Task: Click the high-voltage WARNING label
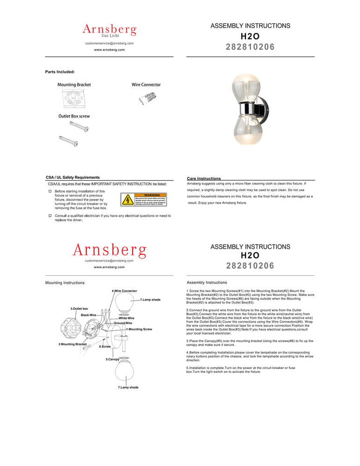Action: pos(143,199)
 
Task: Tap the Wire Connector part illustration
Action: pos(146,99)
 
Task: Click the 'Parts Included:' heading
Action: pos(60,72)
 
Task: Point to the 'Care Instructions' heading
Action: pos(204,178)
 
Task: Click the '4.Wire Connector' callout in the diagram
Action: pos(124,291)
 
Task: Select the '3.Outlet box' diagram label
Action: pos(79,308)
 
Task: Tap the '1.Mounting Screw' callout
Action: pos(139,329)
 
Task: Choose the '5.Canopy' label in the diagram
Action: pos(112,359)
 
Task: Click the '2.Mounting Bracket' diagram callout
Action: pos(72,344)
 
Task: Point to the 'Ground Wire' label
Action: pos(123,323)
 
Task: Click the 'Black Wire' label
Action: pos(88,315)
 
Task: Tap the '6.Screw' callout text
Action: pos(105,347)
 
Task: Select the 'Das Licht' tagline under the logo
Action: pos(111,36)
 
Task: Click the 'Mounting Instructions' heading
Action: pos(65,283)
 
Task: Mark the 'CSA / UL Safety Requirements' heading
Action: pos(73,178)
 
